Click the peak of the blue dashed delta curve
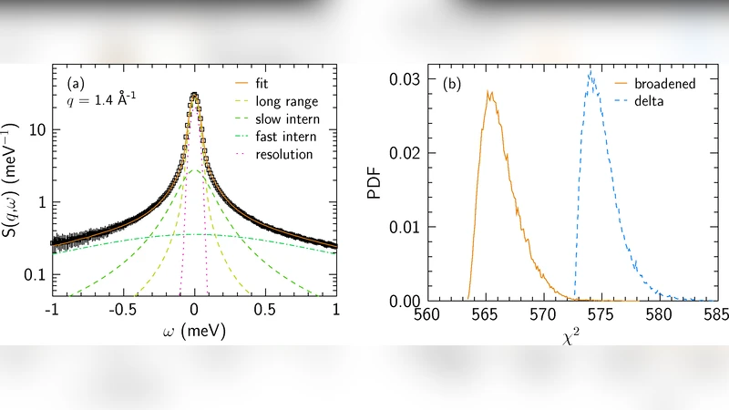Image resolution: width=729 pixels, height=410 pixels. (590, 71)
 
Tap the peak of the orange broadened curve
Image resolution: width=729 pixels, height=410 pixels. (489, 90)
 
